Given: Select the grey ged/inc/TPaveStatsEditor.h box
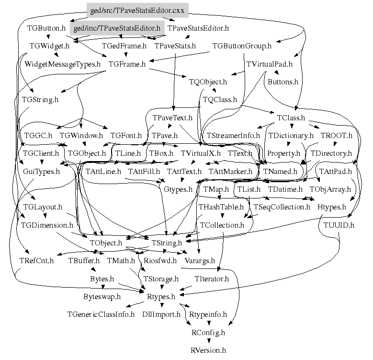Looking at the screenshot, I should pos(117,28).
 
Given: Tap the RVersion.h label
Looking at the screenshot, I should pos(208,350).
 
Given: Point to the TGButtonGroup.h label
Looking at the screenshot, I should pos(241,46).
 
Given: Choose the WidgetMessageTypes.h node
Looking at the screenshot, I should pos(63,64).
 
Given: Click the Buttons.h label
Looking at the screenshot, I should pos(283,82).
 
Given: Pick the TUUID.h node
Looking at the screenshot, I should pos(339,225).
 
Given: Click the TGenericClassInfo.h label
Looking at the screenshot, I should pos(101,314).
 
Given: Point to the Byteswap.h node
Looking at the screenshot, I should pos(102,297).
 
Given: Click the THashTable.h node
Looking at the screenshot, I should pos(221,207).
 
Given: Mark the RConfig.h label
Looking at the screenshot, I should pos(208,332).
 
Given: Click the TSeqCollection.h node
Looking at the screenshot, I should pos(282,207).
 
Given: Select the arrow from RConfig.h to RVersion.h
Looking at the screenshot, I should pos(208,341).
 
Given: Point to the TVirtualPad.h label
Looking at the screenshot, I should pos(269,64).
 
